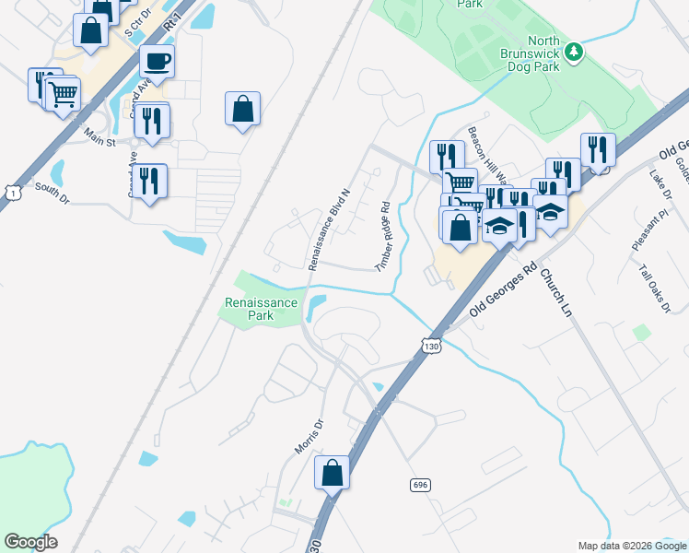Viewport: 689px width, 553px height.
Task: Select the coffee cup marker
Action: pyautogui.click(x=157, y=62)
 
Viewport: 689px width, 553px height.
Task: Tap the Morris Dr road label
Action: pyautogui.click(x=309, y=436)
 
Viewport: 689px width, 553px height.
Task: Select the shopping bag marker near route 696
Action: pyautogui.click(x=333, y=473)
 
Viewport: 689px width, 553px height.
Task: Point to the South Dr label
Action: pyautogui.click(x=52, y=193)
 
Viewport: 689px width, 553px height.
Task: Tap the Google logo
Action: pyautogui.click(x=30, y=542)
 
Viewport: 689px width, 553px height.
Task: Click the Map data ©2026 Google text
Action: pyautogui.click(x=631, y=546)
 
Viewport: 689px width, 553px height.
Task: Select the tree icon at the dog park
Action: pyautogui.click(x=574, y=51)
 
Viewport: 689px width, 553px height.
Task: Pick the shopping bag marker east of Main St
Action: pyautogui.click(x=242, y=109)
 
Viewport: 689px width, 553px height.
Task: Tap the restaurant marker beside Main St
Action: pyautogui.click(x=153, y=121)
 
